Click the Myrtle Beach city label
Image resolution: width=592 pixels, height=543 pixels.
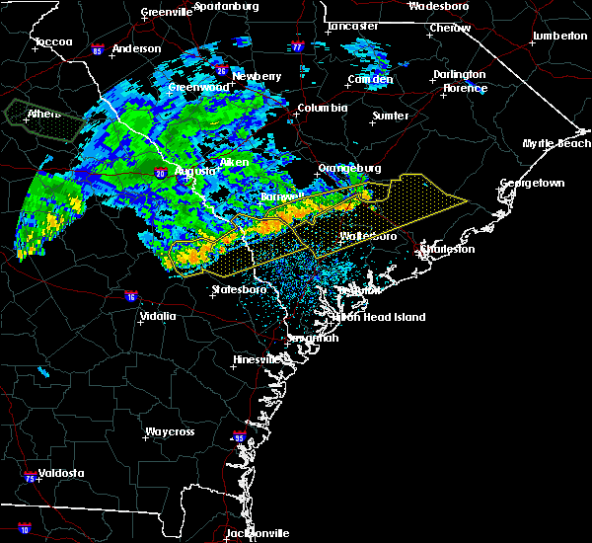click(x=556, y=144)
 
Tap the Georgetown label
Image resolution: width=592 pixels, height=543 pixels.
click(x=532, y=184)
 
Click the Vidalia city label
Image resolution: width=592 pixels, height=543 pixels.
click(x=158, y=317)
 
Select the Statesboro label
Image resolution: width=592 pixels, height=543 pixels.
click(x=239, y=290)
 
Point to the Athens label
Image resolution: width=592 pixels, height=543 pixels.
click(x=43, y=114)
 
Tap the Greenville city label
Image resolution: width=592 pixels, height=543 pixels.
click(x=166, y=12)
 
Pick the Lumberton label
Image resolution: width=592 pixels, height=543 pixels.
click(x=559, y=36)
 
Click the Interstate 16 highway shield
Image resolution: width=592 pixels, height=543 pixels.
click(x=132, y=295)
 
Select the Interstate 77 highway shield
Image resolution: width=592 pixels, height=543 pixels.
click(x=297, y=46)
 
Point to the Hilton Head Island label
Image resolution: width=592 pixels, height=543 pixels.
click(x=381, y=317)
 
